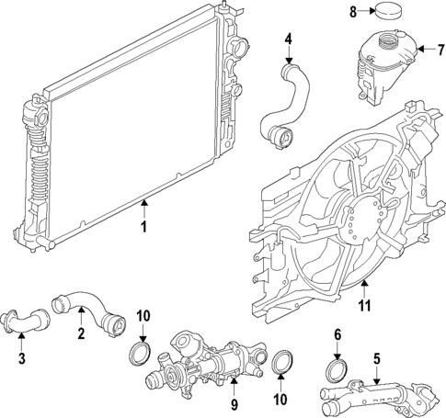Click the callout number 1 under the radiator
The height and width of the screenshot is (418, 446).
[143, 225]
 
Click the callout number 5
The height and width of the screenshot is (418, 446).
[375, 359]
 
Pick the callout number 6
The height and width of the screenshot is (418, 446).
[337, 334]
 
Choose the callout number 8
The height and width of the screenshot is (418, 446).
[354, 12]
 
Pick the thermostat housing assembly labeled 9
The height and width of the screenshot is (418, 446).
[202, 367]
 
